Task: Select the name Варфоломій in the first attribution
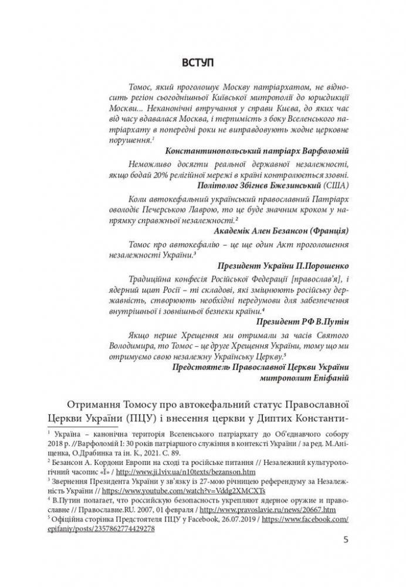(x=322, y=150)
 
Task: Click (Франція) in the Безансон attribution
(x=320, y=230)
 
